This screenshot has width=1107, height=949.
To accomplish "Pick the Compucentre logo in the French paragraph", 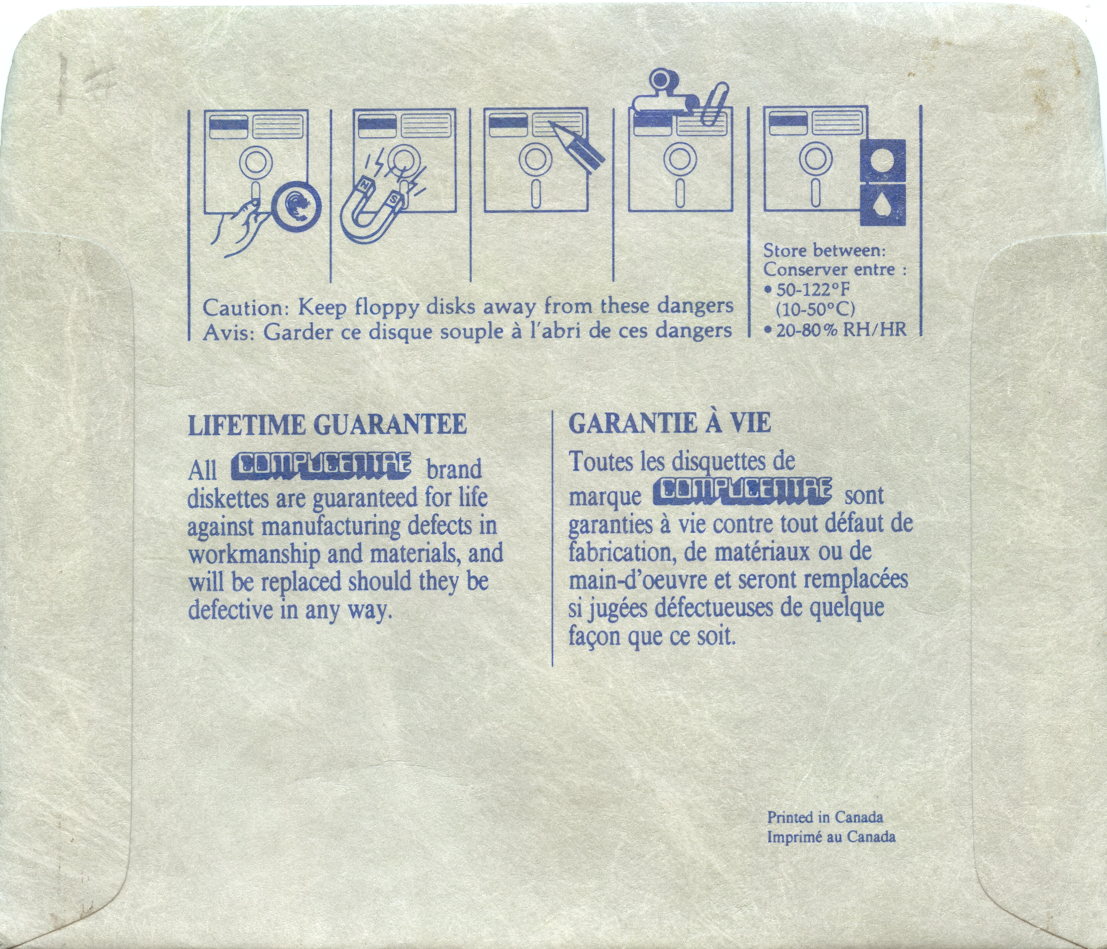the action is tap(741, 491).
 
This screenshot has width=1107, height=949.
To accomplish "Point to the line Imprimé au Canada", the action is tap(831, 837).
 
